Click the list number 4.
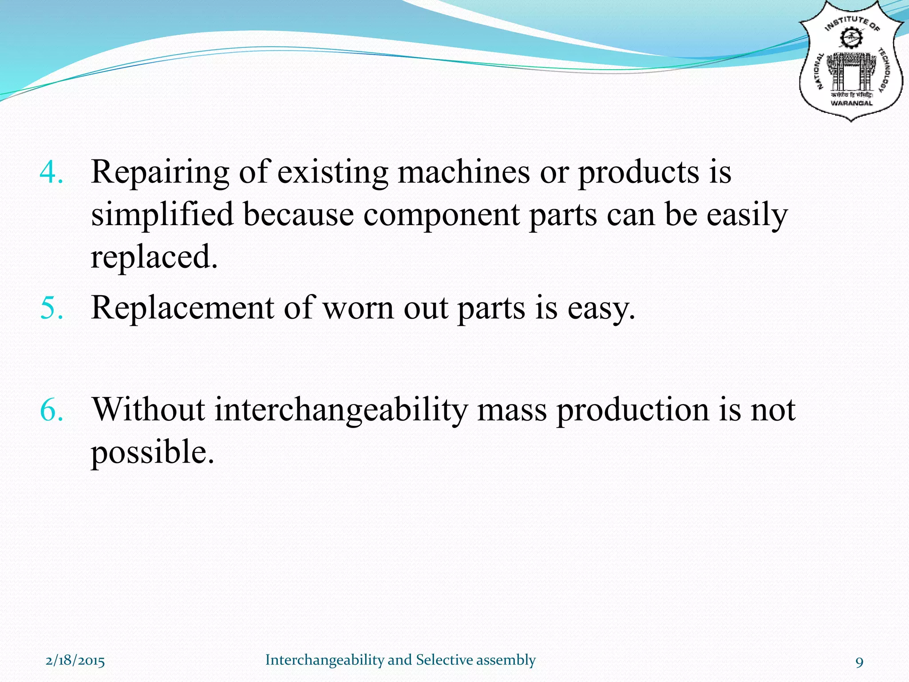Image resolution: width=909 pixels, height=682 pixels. pyautogui.click(x=51, y=172)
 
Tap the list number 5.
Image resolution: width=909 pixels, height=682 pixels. pyautogui.click(x=51, y=308)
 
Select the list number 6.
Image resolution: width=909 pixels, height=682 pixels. pyautogui.click(x=51, y=409)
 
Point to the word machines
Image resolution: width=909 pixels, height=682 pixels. pyautogui.click(x=463, y=172)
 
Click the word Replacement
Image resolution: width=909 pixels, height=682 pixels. pyautogui.click(x=182, y=308)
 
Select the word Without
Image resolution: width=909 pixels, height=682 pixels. pyautogui.click(x=148, y=409)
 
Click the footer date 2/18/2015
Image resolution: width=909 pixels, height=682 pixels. pyautogui.click(x=75, y=660)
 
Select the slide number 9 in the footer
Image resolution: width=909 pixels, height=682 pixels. pyautogui.click(x=859, y=662)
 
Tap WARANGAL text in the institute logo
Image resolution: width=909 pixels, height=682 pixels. pyautogui.click(x=851, y=103)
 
